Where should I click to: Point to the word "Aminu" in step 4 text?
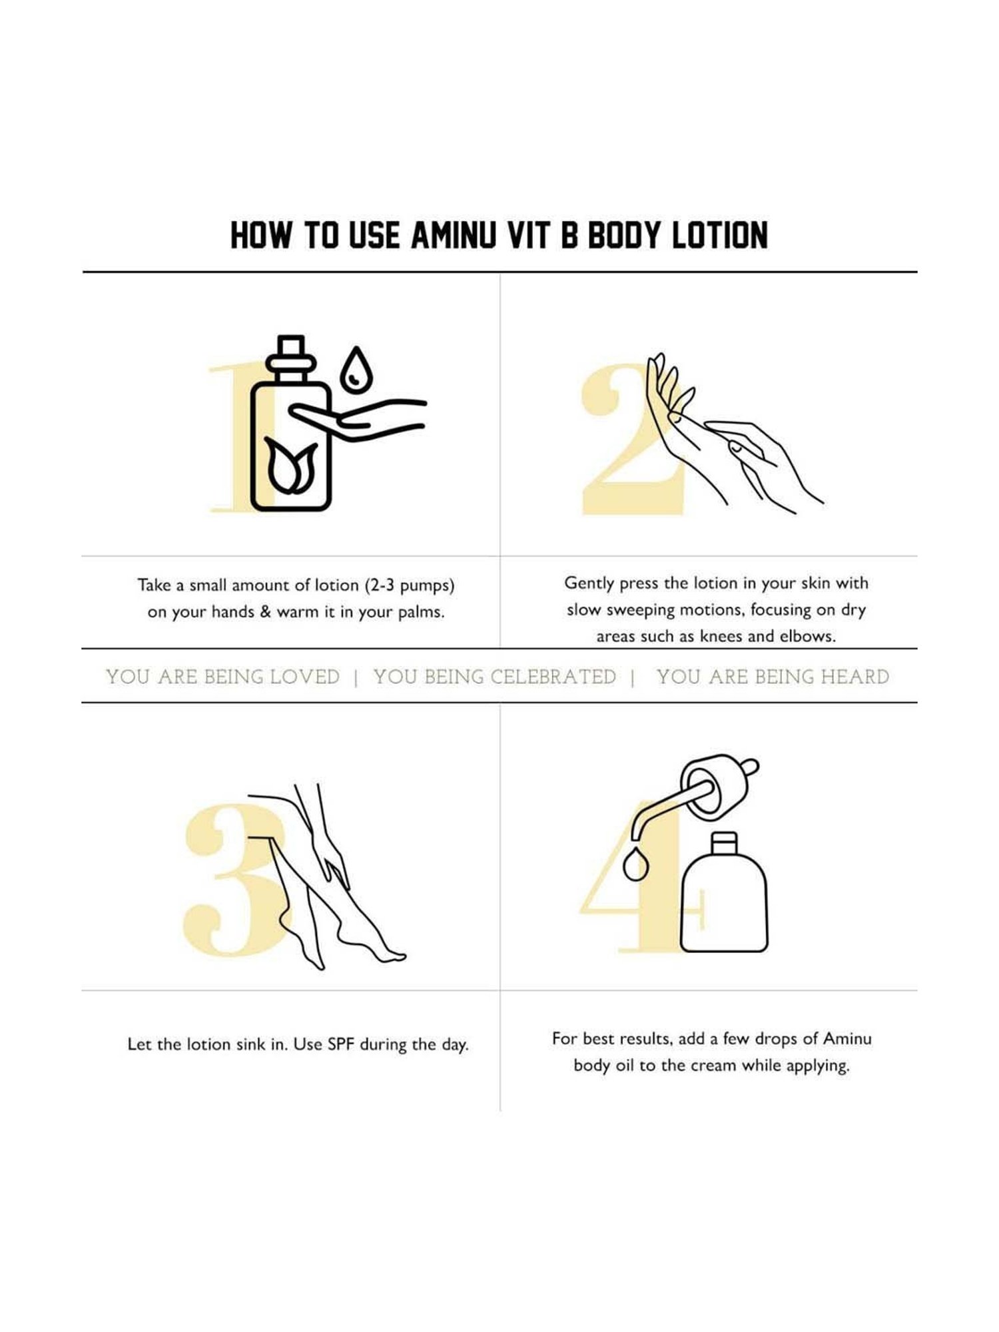(x=847, y=1038)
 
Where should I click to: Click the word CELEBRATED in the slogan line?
(x=553, y=677)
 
